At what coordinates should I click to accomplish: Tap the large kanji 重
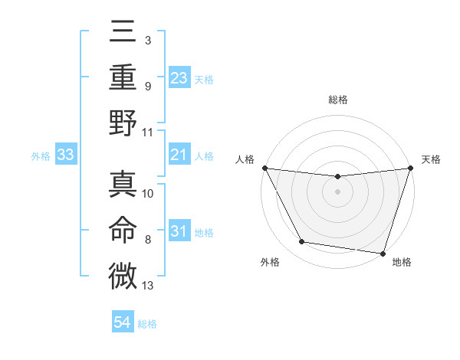pyautogui.click(x=123, y=78)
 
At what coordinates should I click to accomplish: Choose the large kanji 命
pyautogui.click(x=123, y=230)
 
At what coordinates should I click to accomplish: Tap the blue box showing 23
pyautogui.click(x=179, y=77)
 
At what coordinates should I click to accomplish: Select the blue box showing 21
pyautogui.click(x=179, y=155)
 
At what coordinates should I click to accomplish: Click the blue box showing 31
pyautogui.click(x=179, y=231)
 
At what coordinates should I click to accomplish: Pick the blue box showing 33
pyautogui.click(x=65, y=155)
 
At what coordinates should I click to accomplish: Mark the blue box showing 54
pyautogui.click(x=123, y=323)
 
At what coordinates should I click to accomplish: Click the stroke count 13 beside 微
pyautogui.click(x=148, y=286)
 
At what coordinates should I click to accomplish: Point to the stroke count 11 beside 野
pyautogui.click(x=148, y=132)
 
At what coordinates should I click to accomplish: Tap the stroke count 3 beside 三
pyautogui.click(x=147, y=40)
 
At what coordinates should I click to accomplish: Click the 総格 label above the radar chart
pyautogui.click(x=337, y=100)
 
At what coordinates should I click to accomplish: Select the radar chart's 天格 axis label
pyautogui.click(x=432, y=159)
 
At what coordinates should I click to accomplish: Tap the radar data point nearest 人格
pyautogui.click(x=265, y=168)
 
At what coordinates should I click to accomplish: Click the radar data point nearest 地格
pyautogui.click(x=383, y=253)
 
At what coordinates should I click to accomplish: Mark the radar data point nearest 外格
pyautogui.click(x=302, y=242)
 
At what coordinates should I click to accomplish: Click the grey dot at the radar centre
pyautogui.click(x=337, y=191)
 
